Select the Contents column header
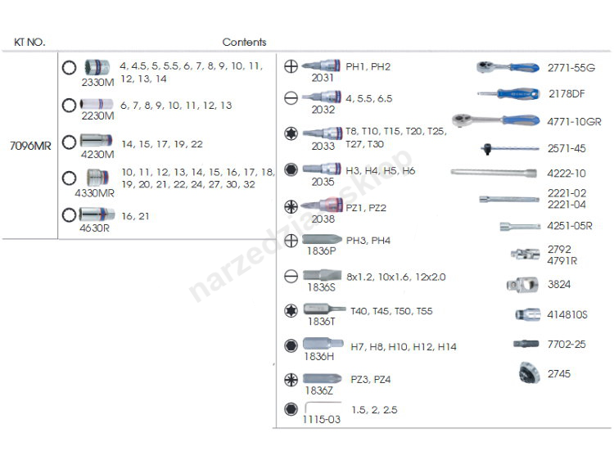click(x=244, y=43)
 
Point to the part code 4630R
click(x=94, y=228)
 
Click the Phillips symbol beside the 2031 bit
click(x=290, y=67)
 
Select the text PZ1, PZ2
click(x=366, y=208)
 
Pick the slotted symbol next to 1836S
click(x=290, y=276)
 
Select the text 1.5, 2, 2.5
click(x=373, y=410)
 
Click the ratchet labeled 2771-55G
click(x=507, y=66)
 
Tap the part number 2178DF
click(x=566, y=95)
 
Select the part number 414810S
click(x=568, y=315)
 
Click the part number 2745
click(x=560, y=374)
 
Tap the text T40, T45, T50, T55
click(x=391, y=311)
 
